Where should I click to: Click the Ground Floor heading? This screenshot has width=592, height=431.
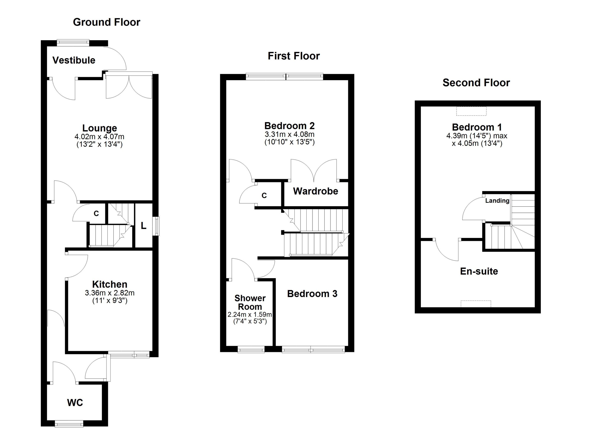pos(107,22)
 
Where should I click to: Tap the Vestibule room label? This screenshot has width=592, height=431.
pos(74,60)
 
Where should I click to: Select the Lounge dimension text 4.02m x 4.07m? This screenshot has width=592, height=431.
pos(99,137)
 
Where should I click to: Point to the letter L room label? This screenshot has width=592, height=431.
pos(144,226)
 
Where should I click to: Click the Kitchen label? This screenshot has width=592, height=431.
pos(110,284)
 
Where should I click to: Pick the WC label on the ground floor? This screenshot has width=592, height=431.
pos(75,403)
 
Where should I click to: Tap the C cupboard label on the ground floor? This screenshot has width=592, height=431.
pos(96,214)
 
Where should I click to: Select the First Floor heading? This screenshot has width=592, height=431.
pos(294,56)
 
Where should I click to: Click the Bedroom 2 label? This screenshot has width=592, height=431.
pos(289,126)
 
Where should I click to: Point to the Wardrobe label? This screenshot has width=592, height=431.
pos(315,191)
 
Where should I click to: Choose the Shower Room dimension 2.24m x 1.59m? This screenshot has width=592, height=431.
pos(250,315)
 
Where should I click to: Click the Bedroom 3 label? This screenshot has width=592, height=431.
pos(312,294)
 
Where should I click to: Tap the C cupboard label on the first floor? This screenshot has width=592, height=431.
pos(264,195)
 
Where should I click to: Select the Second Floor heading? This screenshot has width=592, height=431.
pos(476,83)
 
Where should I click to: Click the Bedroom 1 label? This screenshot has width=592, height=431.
pos(477,127)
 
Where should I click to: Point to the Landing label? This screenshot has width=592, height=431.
pos(497,201)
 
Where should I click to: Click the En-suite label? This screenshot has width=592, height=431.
pos(479,271)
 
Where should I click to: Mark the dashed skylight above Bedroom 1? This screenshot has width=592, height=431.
pos(472,111)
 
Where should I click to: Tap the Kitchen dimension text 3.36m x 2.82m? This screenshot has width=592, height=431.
pos(110,293)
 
